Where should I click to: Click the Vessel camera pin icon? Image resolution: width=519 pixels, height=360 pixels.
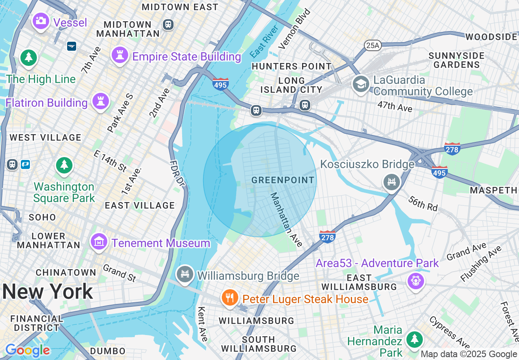click(x=41, y=20)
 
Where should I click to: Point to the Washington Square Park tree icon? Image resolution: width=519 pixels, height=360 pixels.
click(x=64, y=165)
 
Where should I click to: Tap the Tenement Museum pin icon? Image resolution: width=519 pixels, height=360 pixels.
click(x=99, y=242)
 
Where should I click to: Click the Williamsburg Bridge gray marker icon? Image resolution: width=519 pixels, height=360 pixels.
click(x=185, y=273)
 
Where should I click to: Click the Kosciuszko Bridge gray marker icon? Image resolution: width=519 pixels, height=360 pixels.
click(x=392, y=181)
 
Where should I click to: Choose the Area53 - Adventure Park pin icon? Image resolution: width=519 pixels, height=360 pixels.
click(x=415, y=281)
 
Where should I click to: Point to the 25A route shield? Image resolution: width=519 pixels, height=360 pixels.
click(x=372, y=45)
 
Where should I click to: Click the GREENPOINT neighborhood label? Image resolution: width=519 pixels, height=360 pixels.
click(x=283, y=180)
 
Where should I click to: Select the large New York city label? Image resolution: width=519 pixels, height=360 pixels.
click(x=47, y=292)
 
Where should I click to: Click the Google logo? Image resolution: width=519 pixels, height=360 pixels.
click(x=27, y=350)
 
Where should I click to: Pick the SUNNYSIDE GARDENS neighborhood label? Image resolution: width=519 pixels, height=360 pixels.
click(x=456, y=60)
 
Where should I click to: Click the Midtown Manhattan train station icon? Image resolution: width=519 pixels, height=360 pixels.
click(x=168, y=24)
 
